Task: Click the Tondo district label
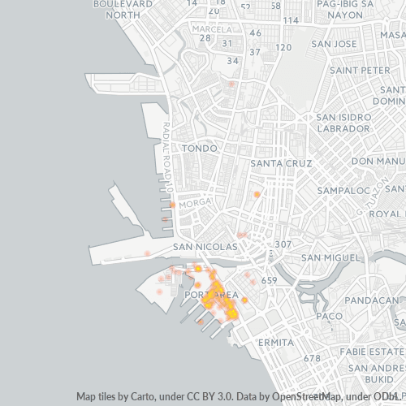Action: point(200,149)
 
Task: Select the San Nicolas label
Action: point(205,246)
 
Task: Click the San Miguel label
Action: point(330,257)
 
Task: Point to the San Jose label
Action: point(334,43)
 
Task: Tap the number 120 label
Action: point(283,48)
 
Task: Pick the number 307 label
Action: point(283,244)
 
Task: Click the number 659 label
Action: point(270,281)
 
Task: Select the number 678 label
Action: point(312,358)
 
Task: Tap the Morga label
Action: point(194,203)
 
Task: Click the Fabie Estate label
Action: point(370,351)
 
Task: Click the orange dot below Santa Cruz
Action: point(257,195)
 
